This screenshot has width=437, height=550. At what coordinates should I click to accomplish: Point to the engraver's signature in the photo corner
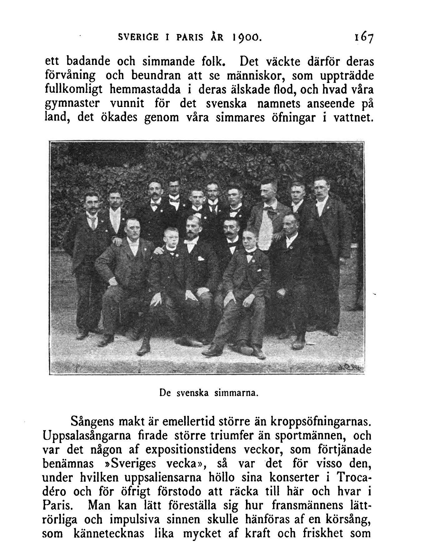350,368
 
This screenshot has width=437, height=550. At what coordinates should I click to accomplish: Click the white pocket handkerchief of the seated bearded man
200,259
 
